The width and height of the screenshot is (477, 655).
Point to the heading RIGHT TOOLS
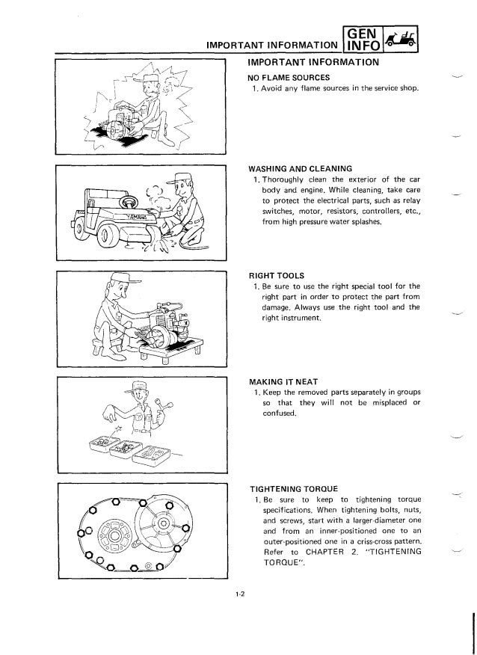[x=275, y=274]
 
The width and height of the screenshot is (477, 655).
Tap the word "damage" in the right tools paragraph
[x=277, y=307]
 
